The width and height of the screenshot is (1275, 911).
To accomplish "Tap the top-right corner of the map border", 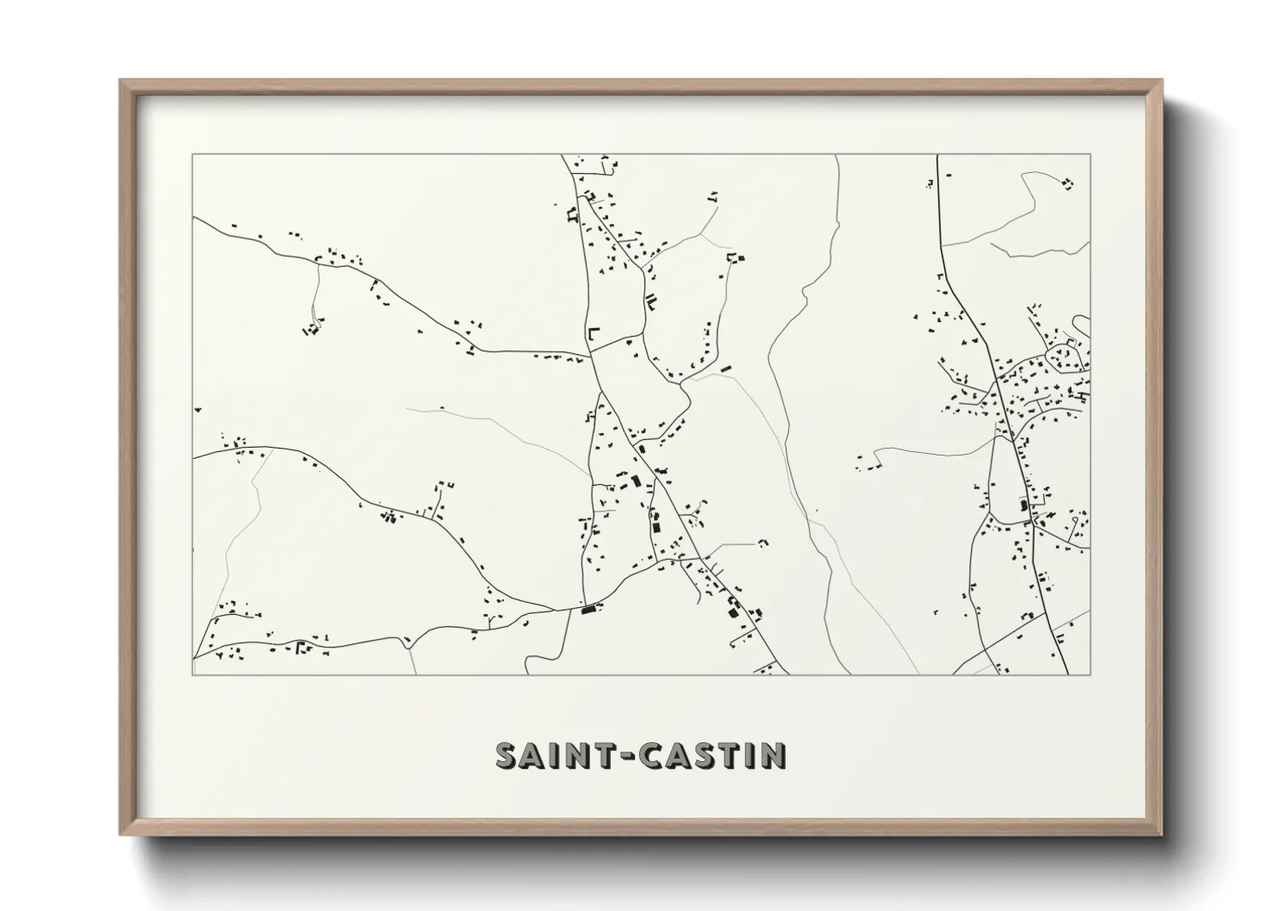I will click(x=1090, y=155).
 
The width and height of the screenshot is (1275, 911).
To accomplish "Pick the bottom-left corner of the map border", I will click(x=193, y=674).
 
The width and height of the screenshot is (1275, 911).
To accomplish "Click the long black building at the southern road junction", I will click(x=589, y=610).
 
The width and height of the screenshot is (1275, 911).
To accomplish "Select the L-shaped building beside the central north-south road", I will click(x=593, y=332).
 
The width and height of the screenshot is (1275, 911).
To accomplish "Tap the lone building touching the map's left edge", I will click(x=196, y=410).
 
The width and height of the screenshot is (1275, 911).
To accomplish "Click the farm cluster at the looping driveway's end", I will click(x=311, y=328).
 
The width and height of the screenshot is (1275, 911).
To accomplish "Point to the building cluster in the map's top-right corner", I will click(x=1068, y=183).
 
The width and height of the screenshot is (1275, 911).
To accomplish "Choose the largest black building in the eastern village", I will click(x=1025, y=505).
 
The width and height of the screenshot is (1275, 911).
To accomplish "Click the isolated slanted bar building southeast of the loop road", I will click(x=726, y=369).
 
